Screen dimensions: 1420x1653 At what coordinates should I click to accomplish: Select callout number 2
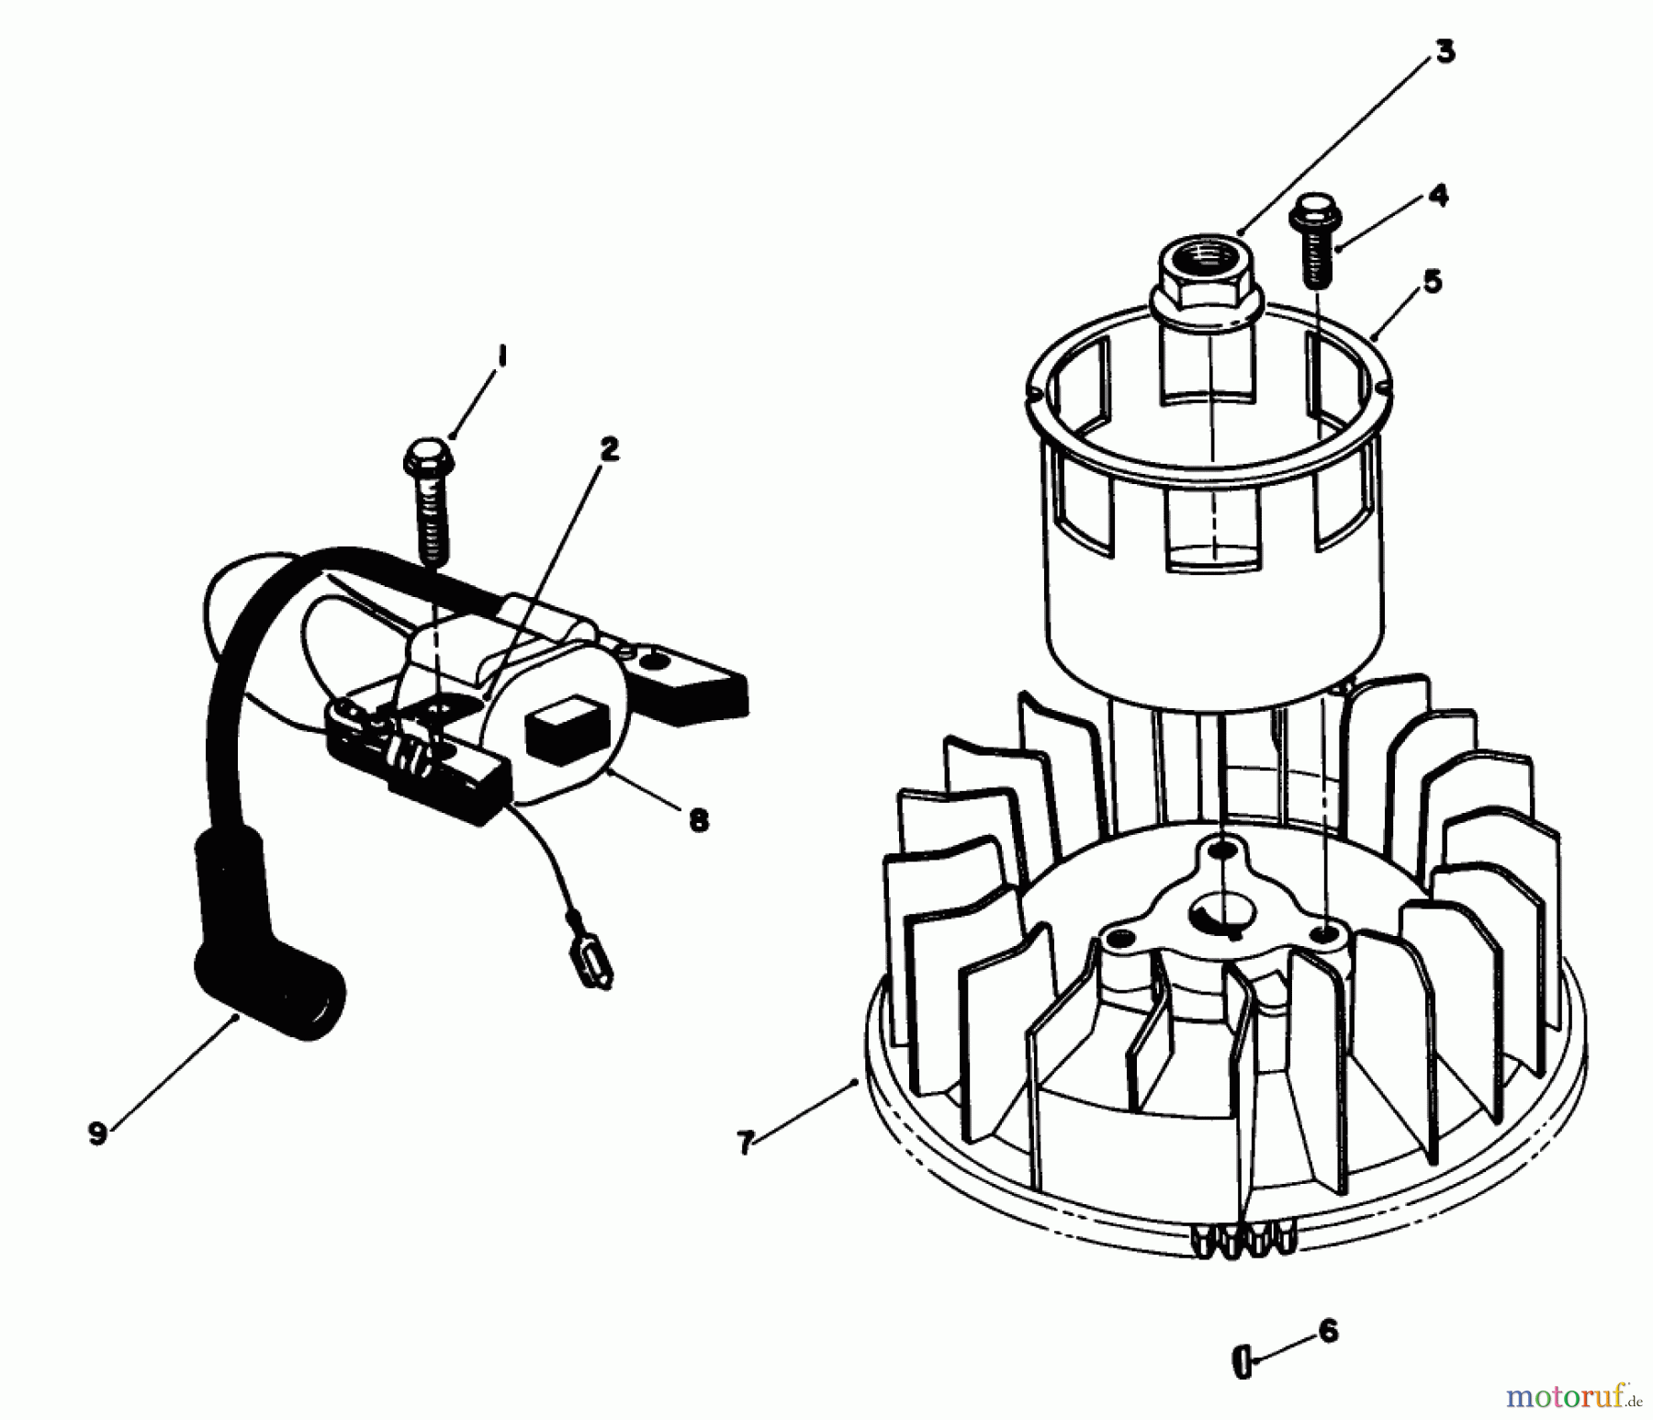609,449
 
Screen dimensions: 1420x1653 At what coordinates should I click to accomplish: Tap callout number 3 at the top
1445,51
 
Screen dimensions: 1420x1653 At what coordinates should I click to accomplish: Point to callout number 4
1438,196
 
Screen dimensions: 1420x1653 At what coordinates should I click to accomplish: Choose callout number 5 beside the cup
1433,280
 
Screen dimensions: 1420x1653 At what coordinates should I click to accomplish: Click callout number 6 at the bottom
1328,1331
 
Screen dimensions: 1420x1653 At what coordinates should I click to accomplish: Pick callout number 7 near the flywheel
746,1143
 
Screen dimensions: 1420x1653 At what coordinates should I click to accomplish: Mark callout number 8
699,819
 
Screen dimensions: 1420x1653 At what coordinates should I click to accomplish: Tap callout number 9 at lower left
97,1133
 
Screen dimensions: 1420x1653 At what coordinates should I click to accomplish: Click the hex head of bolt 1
424,455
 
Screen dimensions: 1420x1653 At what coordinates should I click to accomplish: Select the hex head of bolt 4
1315,217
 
